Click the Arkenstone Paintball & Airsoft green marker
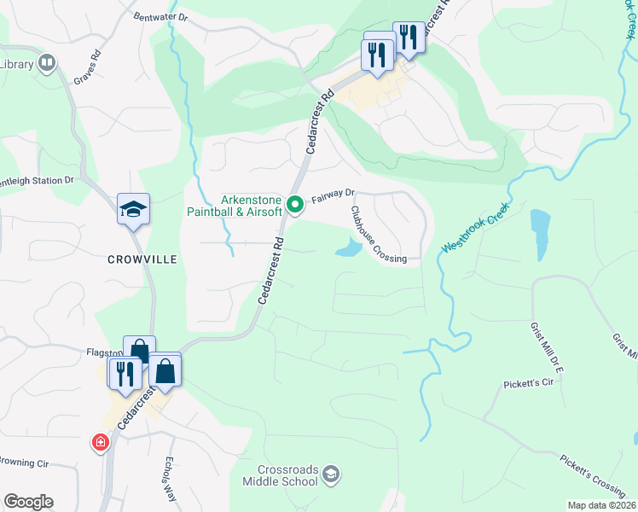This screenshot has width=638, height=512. pyautogui.click(x=295, y=204)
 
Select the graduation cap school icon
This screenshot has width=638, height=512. pyautogui.click(x=133, y=209)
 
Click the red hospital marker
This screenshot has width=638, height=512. pyautogui.click(x=101, y=442)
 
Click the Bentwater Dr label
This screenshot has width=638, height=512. pyautogui.click(x=160, y=16)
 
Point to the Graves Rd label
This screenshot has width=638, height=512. pyautogui.click(x=88, y=66)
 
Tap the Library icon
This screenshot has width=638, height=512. pyautogui.click(x=46, y=63)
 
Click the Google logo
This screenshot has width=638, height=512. pyautogui.click(x=28, y=502)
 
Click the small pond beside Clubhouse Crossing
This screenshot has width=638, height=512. pyautogui.click(x=348, y=248)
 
